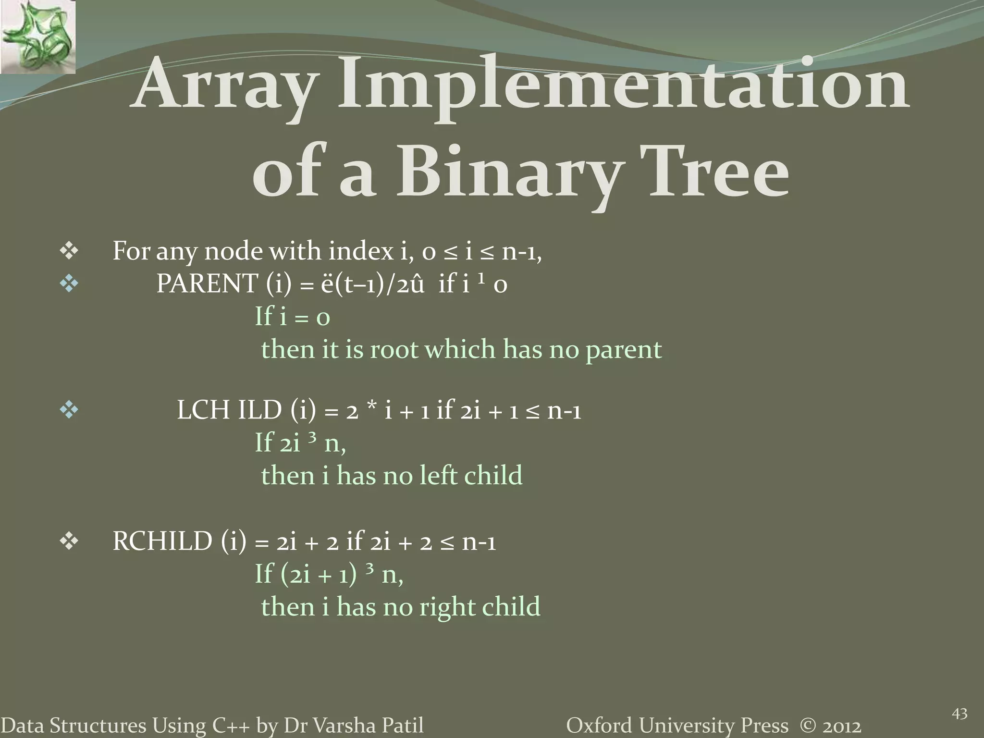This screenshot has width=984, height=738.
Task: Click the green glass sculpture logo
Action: tap(37, 37)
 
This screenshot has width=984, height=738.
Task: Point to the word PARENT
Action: tap(207, 284)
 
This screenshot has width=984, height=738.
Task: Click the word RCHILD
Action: tap(162, 541)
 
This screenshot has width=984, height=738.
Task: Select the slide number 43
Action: tap(959, 714)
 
